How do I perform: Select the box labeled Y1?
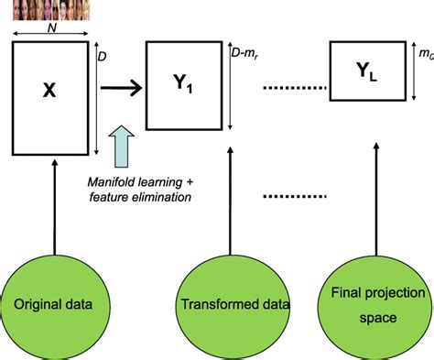[182, 88]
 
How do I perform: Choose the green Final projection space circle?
[378, 301]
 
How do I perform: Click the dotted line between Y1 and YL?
[294, 89]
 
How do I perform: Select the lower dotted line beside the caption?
[294, 196]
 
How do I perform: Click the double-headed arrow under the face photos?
[51, 37]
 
